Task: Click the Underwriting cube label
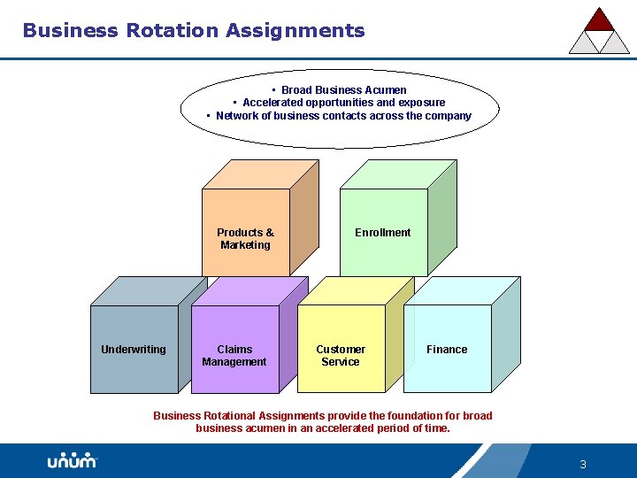[x=133, y=350]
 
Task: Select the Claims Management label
[x=234, y=356]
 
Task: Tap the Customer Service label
[x=341, y=356]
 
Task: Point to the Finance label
[x=447, y=350]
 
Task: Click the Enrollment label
[x=382, y=233]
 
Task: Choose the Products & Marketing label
[x=245, y=239]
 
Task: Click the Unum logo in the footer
[x=72, y=461]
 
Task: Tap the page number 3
[x=583, y=464]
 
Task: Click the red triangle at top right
[x=600, y=19]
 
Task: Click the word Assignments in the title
[x=295, y=31]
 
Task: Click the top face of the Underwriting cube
[x=149, y=291]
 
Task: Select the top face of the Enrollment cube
[x=397, y=174]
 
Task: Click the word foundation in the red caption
[x=400, y=416]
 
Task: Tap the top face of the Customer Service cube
[x=356, y=291]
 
